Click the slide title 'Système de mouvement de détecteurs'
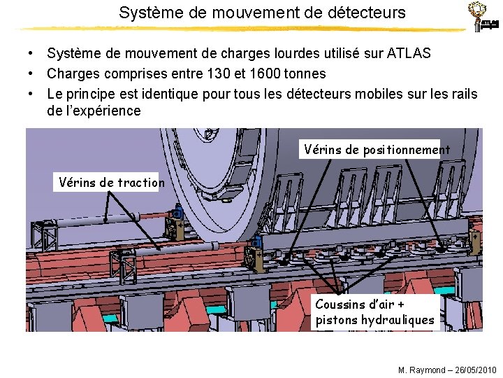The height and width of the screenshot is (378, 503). (x=261, y=13)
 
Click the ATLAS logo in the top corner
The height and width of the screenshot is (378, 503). (x=483, y=17)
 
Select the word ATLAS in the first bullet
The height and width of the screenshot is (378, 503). (x=409, y=54)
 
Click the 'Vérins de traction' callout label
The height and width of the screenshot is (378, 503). (x=111, y=183)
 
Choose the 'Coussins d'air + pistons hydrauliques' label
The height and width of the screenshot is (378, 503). (x=375, y=312)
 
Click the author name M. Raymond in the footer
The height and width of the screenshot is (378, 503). (x=421, y=370)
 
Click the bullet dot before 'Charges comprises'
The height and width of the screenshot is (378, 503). (x=32, y=73)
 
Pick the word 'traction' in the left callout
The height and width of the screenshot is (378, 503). (x=141, y=183)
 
